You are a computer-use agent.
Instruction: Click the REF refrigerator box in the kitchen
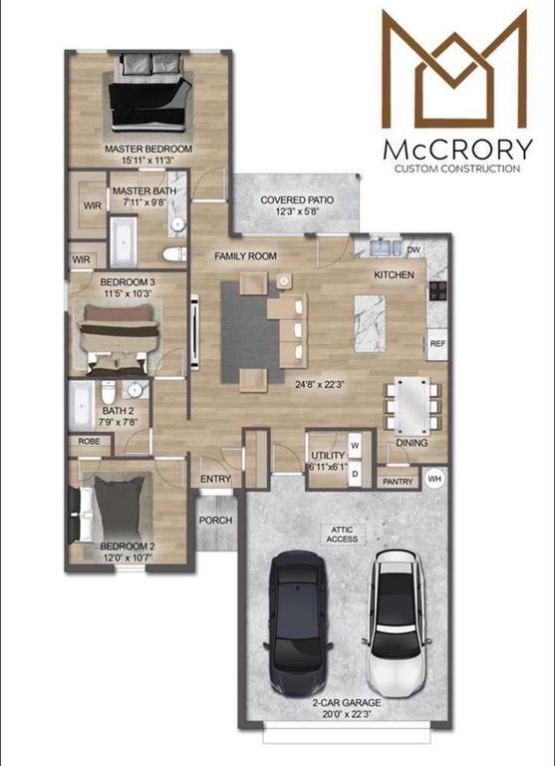coord(436,343)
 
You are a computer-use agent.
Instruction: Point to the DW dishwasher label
coord(414,250)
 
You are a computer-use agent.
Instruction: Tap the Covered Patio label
coord(297,200)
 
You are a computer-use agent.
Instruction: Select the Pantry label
coord(398,481)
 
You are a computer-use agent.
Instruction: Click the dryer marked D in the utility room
coord(354,472)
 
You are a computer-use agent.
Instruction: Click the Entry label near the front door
coord(215,480)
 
